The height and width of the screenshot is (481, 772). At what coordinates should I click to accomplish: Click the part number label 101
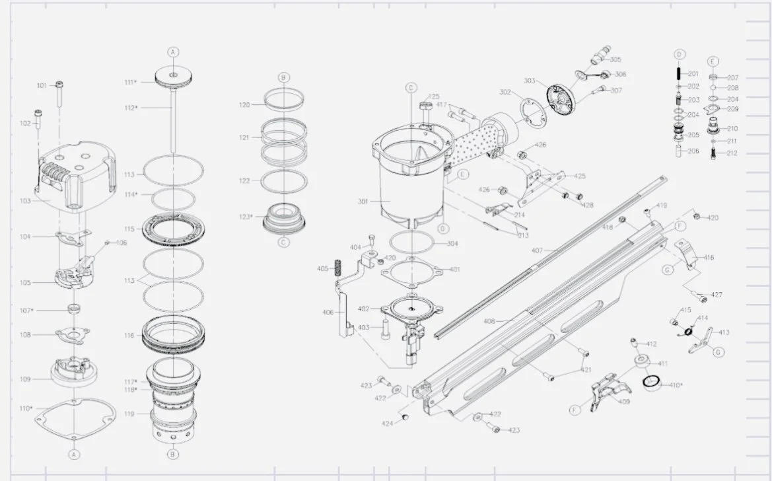[x=42, y=85]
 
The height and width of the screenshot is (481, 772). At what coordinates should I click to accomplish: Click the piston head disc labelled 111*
[x=172, y=79]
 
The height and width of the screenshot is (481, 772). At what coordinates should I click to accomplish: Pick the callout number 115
[x=130, y=229]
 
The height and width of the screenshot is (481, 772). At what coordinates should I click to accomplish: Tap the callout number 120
[x=244, y=105]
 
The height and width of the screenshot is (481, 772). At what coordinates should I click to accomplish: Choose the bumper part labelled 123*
[x=284, y=217]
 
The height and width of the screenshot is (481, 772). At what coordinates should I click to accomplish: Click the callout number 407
[x=537, y=250]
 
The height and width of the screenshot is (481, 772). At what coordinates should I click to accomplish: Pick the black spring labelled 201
[x=678, y=73]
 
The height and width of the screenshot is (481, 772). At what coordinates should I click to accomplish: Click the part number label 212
[x=732, y=153]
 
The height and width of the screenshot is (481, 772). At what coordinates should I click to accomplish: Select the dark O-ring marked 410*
[x=652, y=381]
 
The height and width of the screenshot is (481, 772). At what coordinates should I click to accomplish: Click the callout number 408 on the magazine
[x=489, y=321]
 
